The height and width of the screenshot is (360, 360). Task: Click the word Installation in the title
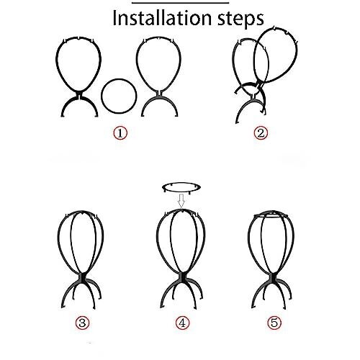[x=162, y=18]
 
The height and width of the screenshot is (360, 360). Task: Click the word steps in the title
[x=240, y=19]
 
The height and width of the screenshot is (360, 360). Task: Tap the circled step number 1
[x=120, y=133]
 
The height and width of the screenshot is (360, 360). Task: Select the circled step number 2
[x=261, y=133]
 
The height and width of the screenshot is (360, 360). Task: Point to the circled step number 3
[x=82, y=323]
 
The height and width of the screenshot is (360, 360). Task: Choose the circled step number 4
[x=182, y=323]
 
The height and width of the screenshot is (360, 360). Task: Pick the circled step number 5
[x=274, y=323]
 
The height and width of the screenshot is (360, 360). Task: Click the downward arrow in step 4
[x=181, y=201]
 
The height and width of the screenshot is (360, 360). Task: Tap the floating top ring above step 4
[x=181, y=183]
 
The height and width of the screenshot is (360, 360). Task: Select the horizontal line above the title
[x=180, y=3]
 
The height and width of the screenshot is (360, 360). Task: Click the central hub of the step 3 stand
[x=83, y=279]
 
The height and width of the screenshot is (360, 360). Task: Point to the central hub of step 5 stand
[x=273, y=279]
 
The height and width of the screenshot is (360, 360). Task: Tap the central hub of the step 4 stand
[x=181, y=279]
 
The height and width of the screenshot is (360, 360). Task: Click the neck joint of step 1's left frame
[x=79, y=95]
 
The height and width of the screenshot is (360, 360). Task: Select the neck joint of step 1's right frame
[x=159, y=93]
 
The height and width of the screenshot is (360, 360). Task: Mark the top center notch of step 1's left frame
[x=79, y=38]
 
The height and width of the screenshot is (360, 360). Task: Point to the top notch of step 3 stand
[x=83, y=213]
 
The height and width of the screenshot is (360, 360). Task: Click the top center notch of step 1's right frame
[x=158, y=38]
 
